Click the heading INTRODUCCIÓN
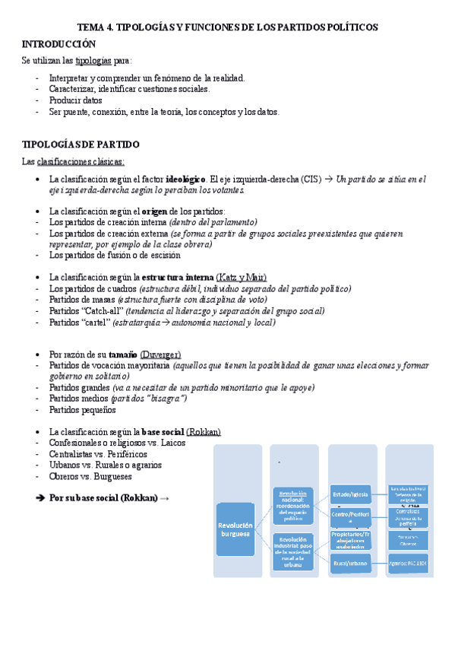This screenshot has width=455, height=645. [59, 43]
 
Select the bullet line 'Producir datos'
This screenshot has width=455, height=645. [74, 100]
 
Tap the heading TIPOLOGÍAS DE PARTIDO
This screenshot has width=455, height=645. [81, 144]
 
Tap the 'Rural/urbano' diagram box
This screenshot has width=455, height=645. [350, 562]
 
